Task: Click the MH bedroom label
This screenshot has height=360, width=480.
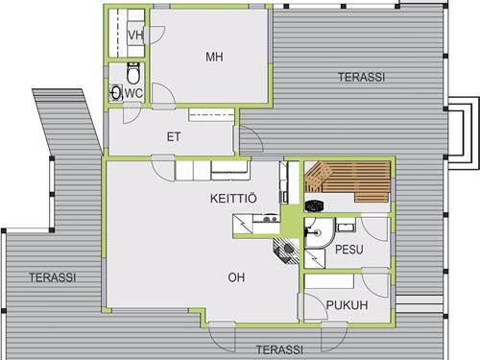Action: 214,57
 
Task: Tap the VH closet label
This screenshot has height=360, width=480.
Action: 135,36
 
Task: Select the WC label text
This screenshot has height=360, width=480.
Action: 133,93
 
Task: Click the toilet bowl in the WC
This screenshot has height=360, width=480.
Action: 132,73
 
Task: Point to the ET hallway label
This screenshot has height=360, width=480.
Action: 174,137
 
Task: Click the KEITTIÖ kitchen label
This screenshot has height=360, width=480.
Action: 233,199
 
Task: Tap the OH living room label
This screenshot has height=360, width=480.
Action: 236,277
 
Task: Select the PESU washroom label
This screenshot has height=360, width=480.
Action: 349,250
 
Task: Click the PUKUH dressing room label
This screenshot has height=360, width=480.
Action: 347,305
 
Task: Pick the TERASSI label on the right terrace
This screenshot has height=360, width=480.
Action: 361,77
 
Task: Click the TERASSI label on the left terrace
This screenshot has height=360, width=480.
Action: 53,277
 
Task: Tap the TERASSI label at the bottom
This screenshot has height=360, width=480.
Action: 279,349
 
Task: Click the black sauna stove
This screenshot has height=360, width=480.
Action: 314,205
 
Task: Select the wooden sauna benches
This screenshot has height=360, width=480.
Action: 348,181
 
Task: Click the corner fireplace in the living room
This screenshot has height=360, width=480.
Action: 286,250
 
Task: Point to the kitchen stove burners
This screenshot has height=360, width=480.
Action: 270,219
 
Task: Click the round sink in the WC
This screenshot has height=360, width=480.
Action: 116,92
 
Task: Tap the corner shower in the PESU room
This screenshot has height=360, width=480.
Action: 319,232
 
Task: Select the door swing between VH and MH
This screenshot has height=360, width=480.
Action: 155,35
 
